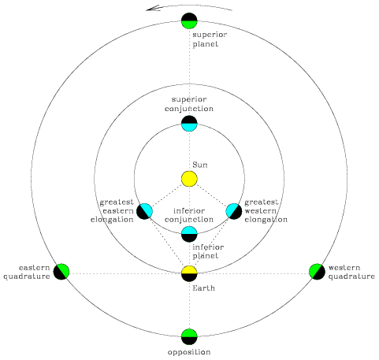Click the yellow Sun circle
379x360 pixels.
tap(189, 179)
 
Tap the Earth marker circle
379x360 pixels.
tap(189, 273)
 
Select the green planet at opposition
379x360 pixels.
tap(189, 336)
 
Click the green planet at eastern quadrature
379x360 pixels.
tap(61, 272)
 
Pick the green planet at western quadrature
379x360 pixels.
tap(318, 272)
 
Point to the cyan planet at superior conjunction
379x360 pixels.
tap(189, 124)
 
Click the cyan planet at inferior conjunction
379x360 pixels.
tap(189, 234)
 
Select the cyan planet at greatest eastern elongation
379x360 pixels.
tap(144, 211)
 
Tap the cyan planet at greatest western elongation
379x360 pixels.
tap(234, 211)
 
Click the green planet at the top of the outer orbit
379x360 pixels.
tap(189, 20)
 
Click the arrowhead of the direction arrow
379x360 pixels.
tap(147, 9)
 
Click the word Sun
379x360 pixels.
tap(200, 165)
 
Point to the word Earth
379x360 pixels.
tap(203, 288)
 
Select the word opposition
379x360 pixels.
tap(189, 352)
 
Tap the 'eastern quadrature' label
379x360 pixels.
tap(27, 272)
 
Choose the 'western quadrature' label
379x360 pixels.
tap(351, 272)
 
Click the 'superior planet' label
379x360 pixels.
tap(210, 39)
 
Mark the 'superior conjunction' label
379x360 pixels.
tap(189, 104)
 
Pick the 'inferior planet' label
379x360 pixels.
tap(208, 251)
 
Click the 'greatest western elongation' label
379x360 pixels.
tap(266, 211)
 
